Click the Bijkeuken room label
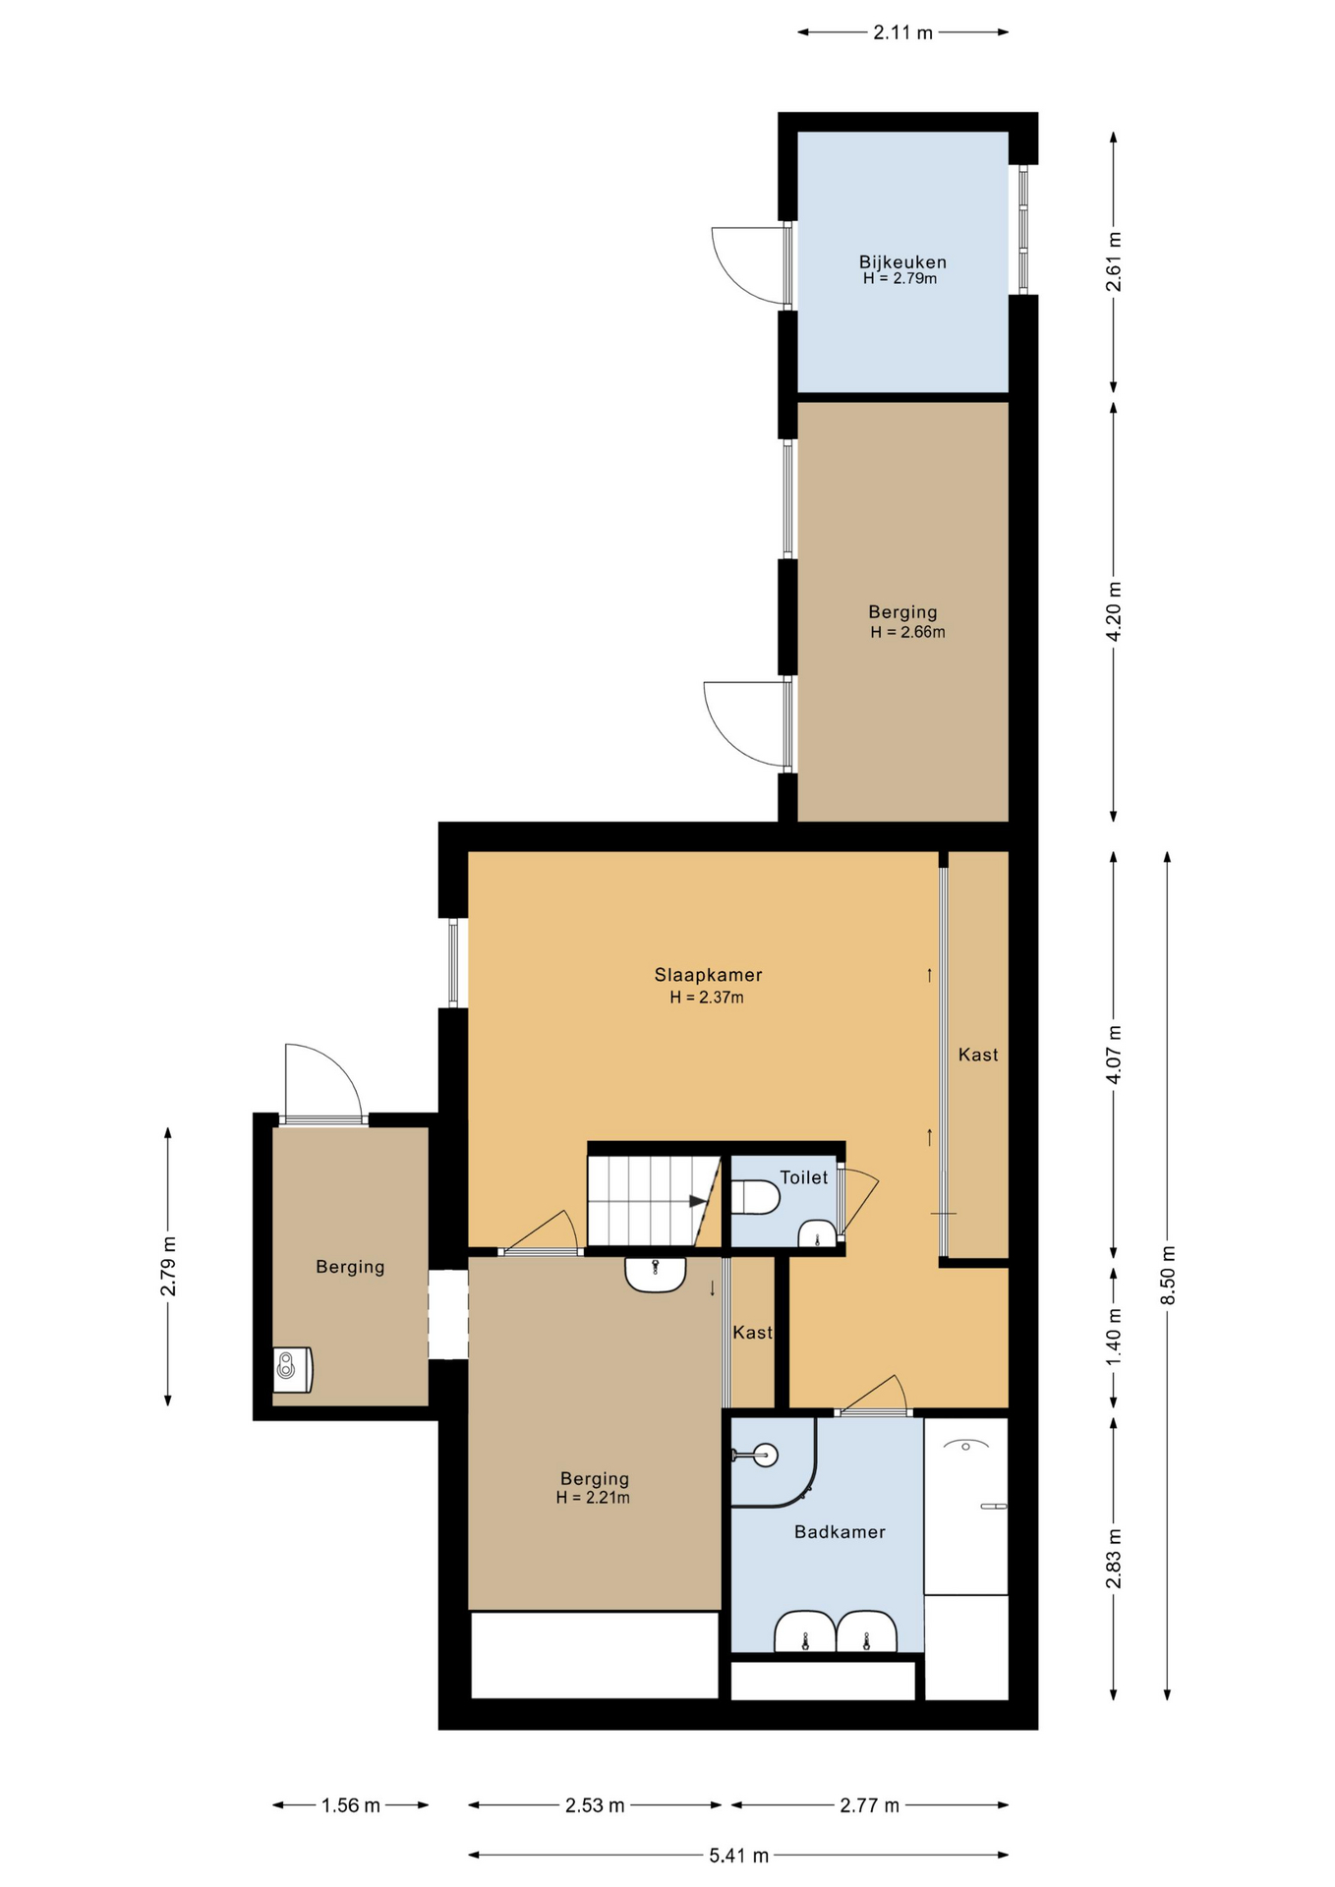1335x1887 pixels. point(902,262)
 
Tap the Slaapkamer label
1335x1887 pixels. point(708,975)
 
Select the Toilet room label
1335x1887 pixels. point(803,1177)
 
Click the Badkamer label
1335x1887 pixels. point(840,1531)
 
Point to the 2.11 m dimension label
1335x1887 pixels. point(902,32)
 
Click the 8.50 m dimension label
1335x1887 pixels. point(1168,1275)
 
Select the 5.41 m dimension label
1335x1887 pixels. point(738,1856)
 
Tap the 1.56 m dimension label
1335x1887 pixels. point(350,1805)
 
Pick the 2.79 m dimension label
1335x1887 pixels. point(168,1265)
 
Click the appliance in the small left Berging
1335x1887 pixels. point(293,1369)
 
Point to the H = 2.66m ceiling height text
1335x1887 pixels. point(907,633)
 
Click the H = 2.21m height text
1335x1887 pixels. point(593,1498)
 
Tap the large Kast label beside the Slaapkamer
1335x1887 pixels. point(978,1055)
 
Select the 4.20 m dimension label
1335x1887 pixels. point(1114,611)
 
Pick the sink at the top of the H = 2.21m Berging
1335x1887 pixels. point(655,1275)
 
